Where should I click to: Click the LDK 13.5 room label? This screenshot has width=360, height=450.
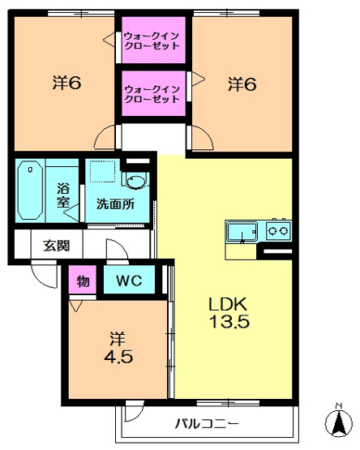(229, 313)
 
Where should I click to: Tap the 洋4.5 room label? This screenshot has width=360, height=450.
(118, 348)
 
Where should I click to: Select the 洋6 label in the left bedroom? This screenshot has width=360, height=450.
(66, 83)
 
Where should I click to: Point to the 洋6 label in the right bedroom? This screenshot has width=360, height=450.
(242, 84)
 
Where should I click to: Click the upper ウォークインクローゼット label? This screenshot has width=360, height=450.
(152, 41)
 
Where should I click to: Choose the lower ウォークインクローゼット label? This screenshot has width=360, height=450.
(152, 94)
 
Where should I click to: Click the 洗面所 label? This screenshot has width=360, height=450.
(115, 204)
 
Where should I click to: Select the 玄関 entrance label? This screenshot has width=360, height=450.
(57, 246)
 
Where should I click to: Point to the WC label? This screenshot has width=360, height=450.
(129, 280)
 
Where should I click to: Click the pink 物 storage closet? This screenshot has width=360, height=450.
(83, 280)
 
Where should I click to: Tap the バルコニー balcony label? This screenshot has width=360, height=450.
(207, 423)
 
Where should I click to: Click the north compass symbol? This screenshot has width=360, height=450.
(339, 422)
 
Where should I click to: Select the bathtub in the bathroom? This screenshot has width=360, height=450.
(30, 191)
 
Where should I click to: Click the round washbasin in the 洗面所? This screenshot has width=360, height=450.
(135, 182)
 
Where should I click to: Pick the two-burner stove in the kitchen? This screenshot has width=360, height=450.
(278, 230)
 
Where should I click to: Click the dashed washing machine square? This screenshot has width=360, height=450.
(102, 171)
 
